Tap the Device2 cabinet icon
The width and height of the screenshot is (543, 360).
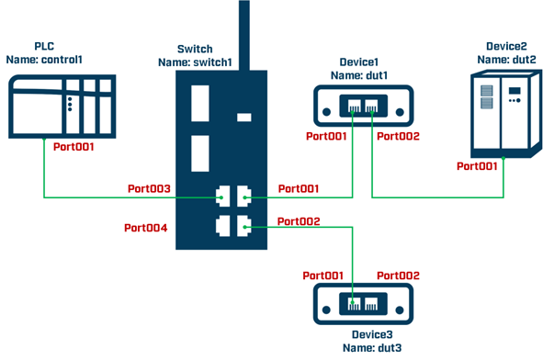[497, 111]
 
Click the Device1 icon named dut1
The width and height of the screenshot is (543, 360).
[362, 106]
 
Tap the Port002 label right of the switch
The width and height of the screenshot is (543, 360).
[300, 221]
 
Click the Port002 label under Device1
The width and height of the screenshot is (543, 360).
[398, 137]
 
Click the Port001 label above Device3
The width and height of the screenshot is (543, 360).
[324, 274]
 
